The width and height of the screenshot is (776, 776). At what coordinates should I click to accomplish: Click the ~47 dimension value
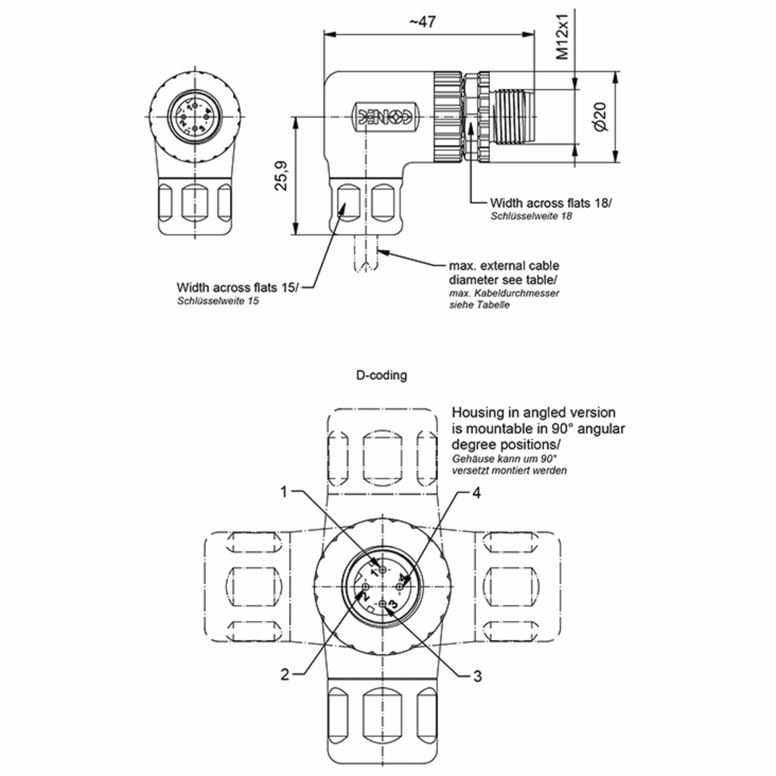pos(423,22)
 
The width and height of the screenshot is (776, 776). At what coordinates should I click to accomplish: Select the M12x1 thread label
pos(563,37)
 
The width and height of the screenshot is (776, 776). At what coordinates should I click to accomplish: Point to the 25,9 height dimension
pos(282,176)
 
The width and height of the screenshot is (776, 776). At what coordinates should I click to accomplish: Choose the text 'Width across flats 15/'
pos(237,287)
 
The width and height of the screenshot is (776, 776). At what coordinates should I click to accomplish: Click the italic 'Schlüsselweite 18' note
pos(531,216)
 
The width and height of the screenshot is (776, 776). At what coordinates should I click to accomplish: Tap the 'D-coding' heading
pos(382,375)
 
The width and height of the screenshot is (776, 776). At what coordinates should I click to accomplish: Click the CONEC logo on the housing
pos(385,117)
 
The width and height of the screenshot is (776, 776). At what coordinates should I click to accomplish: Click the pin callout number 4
pos(476,493)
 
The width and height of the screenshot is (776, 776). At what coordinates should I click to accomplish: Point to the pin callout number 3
pos(477,676)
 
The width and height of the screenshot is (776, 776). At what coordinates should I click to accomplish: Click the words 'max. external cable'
pos(504,265)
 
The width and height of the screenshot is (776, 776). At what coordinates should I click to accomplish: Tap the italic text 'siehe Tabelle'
pos(479,305)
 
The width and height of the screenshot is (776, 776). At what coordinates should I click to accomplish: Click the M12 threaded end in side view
pos(514,116)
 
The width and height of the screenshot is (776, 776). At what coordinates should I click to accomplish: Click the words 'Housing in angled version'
pos(533,413)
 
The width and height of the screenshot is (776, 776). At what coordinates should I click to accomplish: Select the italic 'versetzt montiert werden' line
pos(509,470)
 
